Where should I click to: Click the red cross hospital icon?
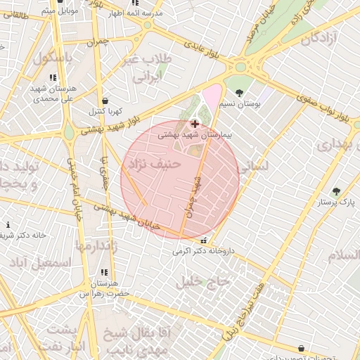[194, 124]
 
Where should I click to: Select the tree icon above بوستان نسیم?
[240, 93]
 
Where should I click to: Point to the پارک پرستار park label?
[333, 202]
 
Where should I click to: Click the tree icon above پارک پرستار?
[335, 191]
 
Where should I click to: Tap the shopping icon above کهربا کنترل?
[105, 101]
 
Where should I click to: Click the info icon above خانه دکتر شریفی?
[8, 225]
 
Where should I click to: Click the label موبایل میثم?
[56, 11]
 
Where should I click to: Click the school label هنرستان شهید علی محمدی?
[53, 94]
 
